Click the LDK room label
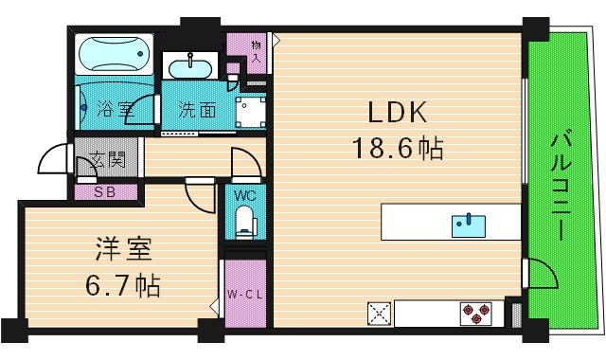(399, 115)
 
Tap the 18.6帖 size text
(399, 148)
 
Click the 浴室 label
(115, 109)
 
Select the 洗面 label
(197, 110)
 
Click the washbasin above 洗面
(191, 66)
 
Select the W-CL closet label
(242, 295)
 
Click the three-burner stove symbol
(475, 313)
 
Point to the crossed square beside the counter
(380, 313)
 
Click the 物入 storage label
(256, 52)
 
